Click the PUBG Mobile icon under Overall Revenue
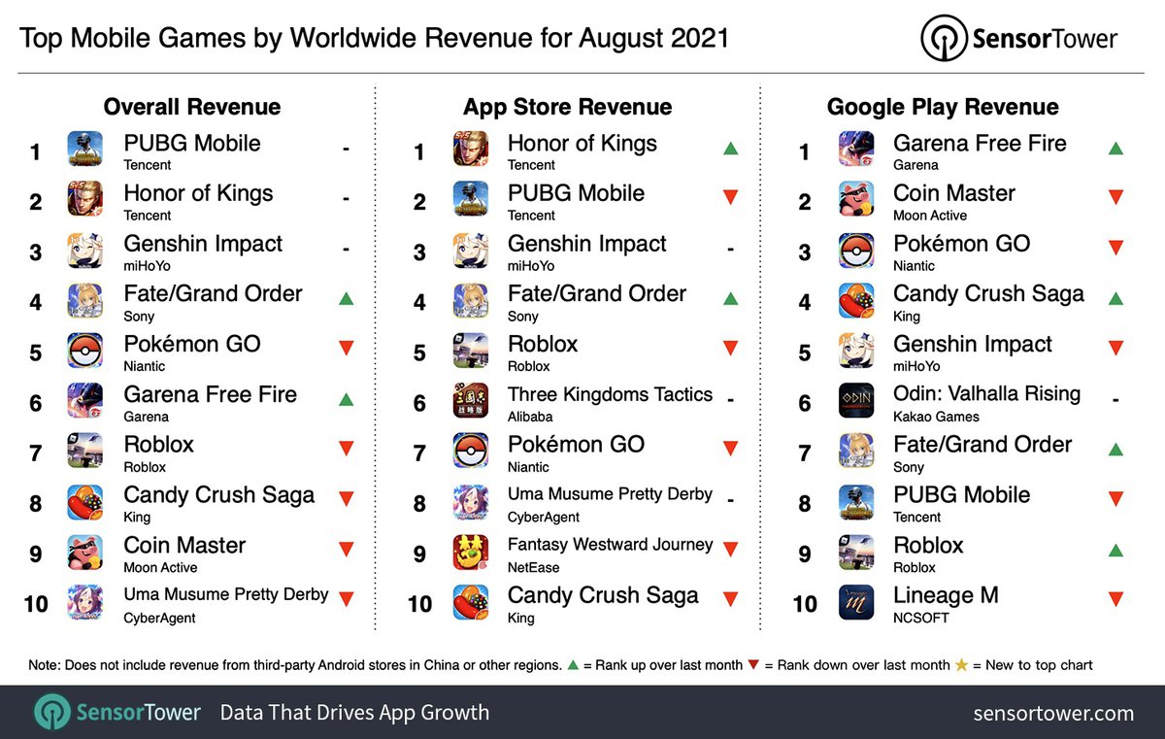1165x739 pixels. point(85,150)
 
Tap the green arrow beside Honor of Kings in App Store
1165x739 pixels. point(730,149)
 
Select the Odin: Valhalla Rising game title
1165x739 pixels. point(986,394)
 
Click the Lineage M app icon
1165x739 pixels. point(856,601)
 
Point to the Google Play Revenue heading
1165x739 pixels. point(943,107)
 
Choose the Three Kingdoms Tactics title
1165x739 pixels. point(610,394)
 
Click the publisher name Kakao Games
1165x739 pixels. point(936,417)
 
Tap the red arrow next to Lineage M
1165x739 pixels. point(1115,599)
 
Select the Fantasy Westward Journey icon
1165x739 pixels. point(471,552)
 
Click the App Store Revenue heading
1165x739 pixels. point(567,107)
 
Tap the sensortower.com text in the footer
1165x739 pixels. point(1053,713)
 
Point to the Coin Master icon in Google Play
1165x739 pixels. point(856,200)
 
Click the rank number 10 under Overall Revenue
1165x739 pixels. point(36,603)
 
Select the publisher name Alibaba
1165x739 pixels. point(530,417)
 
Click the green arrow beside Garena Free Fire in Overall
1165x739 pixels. point(346,398)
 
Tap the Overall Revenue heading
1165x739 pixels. point(191,107)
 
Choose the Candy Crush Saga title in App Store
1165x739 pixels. point(602,595)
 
